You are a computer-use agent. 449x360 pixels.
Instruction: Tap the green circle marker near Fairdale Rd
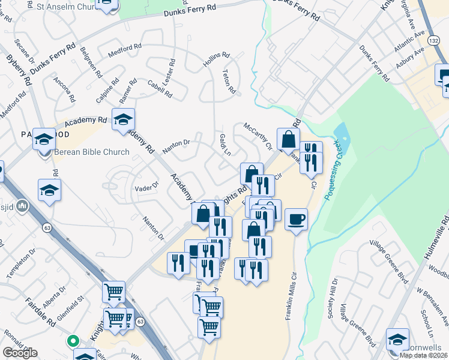pos(73,341)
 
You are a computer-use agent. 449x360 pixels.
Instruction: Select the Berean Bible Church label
pos(91,152)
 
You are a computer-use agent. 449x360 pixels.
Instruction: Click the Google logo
pos(20,353)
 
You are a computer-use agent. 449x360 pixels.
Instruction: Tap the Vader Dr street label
pos(146,187)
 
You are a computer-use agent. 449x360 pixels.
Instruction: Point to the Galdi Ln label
pos(224,145)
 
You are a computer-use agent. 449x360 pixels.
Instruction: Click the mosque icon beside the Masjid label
pos(23,207)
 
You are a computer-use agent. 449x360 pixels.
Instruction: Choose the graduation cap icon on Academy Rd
pos(123,119)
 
